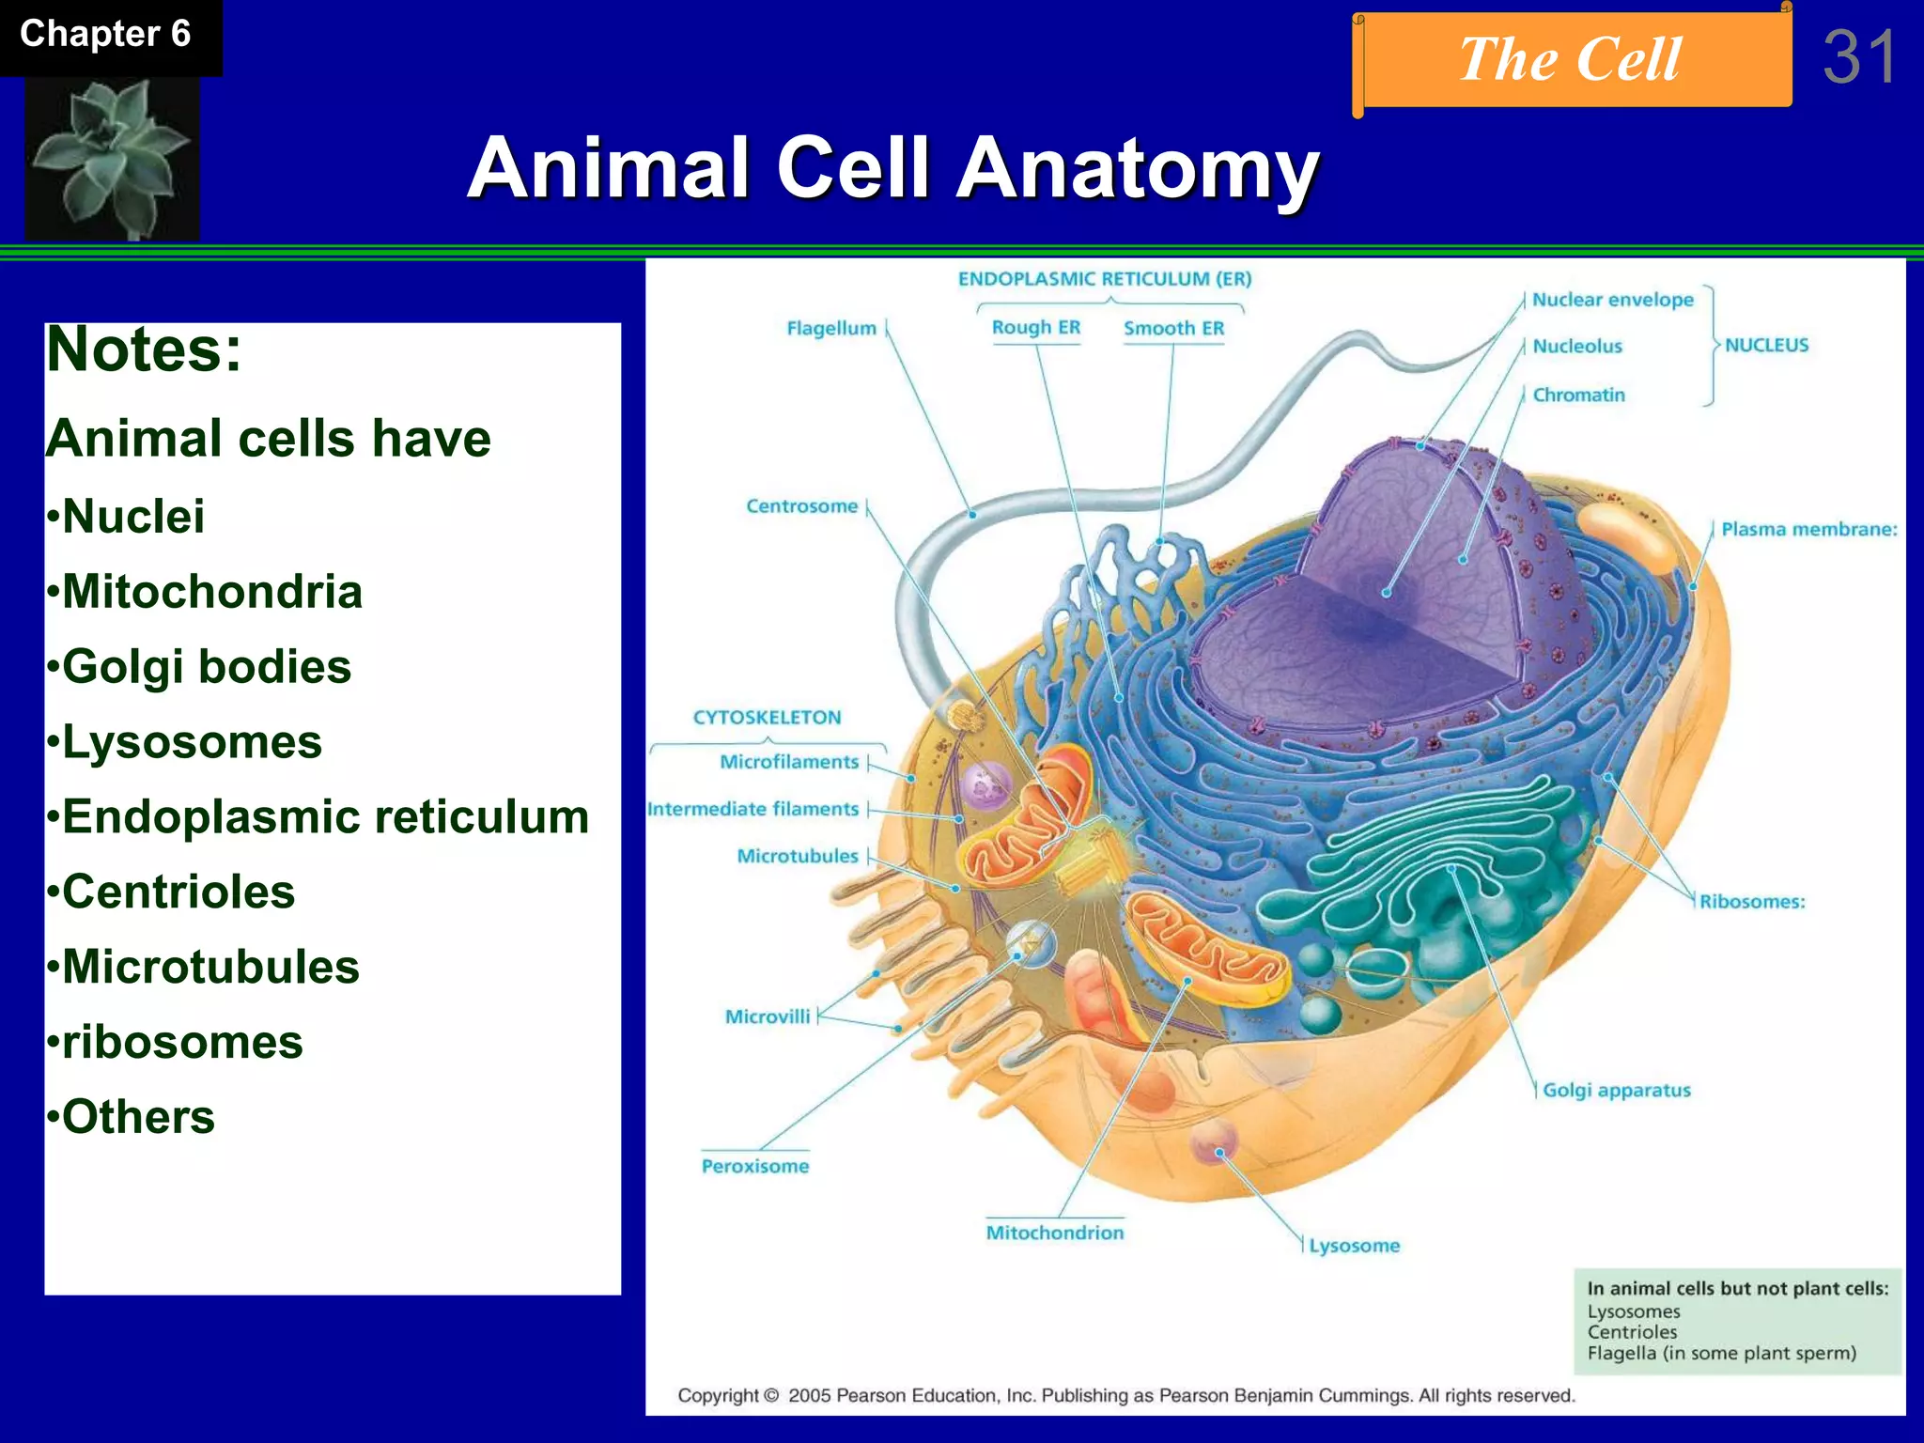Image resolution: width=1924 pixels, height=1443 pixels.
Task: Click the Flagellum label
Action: [x=831, y=329]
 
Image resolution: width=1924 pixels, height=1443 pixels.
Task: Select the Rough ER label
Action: [x=1036, y=328]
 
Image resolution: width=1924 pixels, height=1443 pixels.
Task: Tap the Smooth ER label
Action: [x=1173, y=329]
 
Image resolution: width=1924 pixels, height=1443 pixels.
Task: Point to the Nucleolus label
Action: [x=1577, y=347]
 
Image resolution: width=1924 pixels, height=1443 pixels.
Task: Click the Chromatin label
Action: [x=1578, y=396]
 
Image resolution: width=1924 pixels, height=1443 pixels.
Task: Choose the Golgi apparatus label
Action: [x=1616, y=1091]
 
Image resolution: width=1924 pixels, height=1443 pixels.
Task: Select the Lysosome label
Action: [x=1354, y=1247]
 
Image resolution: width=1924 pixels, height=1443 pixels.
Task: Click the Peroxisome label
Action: [x=755, y=1167]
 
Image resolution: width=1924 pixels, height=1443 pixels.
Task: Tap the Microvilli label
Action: [x=767, y=1017]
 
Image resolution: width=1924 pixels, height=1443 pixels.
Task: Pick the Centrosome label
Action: [x=802, y=506]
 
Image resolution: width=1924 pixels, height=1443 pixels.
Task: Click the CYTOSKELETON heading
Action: [x=767, y=718]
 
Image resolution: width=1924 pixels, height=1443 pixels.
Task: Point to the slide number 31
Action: [x=1859, y=58]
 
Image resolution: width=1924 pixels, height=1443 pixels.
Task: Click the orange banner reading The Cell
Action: [x=1571, y=60]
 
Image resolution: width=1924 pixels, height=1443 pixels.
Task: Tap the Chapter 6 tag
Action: [x=105, y=35]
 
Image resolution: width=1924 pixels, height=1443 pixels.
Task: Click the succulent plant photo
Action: [x=112, y=158]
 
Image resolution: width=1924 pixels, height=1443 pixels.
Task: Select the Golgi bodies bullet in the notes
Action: [x=206, y=667]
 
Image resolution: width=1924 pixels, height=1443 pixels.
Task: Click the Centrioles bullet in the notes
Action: [x=178, y=892]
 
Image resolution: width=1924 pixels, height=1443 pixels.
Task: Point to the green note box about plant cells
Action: [x=1737, y=1322]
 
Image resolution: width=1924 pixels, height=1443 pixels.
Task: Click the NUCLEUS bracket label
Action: [x=1766, y=346]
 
